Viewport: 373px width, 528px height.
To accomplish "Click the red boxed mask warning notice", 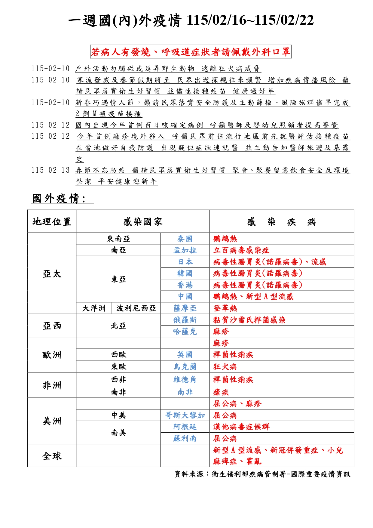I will click(x=191, y=52).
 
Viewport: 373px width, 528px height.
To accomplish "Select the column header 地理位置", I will click(x=52, y=222).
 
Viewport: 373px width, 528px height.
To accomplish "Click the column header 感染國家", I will click(x=143, y=222).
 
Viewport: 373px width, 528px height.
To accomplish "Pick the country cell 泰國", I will click(x=185, y=239).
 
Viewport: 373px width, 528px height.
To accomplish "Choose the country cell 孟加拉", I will click(x=185, y=250).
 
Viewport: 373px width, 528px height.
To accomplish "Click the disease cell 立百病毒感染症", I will click(x=241, y=250).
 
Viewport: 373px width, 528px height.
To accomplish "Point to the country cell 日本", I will click(x=185, y=262).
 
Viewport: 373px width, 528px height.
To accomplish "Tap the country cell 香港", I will click(x=185, y=285).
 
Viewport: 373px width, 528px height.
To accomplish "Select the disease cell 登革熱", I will click(x=225, y=308).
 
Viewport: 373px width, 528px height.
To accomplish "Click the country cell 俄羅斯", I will click(x=185, y=320).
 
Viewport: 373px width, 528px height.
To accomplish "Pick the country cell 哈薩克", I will click(x=185, y=332).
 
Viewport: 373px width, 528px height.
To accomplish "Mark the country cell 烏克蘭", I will click(x=185, y=366).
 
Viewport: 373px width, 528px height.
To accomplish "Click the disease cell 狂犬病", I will click(x=225, y=366).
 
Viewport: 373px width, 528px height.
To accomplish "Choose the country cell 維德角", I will click(x=185, y=380).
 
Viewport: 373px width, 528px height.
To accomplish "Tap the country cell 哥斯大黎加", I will click(x=185, y=415).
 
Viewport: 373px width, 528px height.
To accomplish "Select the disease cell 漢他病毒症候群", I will click(x=241, y=427).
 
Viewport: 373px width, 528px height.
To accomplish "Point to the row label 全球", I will click(x=52, y=456).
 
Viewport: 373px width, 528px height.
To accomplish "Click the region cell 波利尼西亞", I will click(x=136, y=308).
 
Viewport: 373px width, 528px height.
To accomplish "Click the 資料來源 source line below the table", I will click(x=262, y=474).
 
